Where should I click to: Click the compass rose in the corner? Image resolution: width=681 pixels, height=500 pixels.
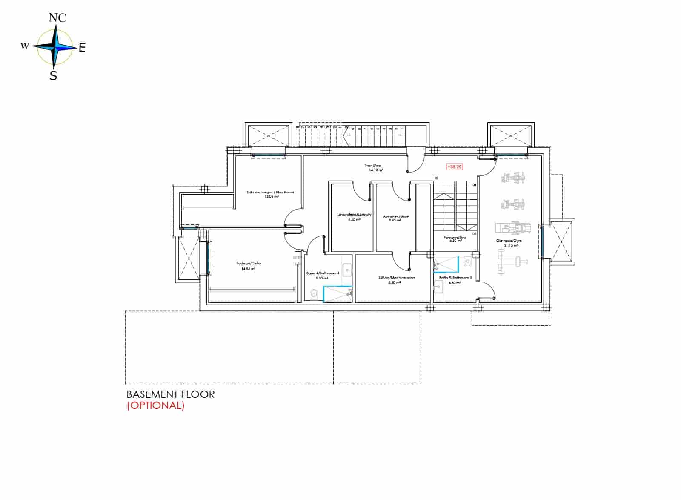pos(54,47)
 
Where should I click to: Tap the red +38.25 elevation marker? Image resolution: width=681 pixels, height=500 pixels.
pos(454,167)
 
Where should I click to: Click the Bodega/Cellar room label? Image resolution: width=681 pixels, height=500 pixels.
pos(249,264)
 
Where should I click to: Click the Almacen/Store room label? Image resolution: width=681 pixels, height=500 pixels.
pos(395,217)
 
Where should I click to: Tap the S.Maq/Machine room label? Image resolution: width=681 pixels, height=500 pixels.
pos(397,278)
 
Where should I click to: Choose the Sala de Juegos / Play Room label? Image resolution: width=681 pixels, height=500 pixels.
pos(270,192)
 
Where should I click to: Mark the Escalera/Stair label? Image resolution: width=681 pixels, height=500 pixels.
pos(455,238)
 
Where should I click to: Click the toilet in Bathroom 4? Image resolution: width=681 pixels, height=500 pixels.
pos(314,294)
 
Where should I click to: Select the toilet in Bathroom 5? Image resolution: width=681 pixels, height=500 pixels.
pos(468,263)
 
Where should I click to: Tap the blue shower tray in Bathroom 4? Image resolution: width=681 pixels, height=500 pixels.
pos(337,294)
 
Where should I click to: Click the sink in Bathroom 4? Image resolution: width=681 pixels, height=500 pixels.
pos(347,269)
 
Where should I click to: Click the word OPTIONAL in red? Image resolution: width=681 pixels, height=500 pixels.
pos(155,405)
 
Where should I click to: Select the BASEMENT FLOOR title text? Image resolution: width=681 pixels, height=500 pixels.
pos(170,394)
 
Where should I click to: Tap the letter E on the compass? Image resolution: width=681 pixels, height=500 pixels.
pos(82,48)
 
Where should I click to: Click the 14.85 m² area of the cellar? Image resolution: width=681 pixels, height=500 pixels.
pos(249,269)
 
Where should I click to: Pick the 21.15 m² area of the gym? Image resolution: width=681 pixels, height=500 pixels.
pos(511,245)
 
